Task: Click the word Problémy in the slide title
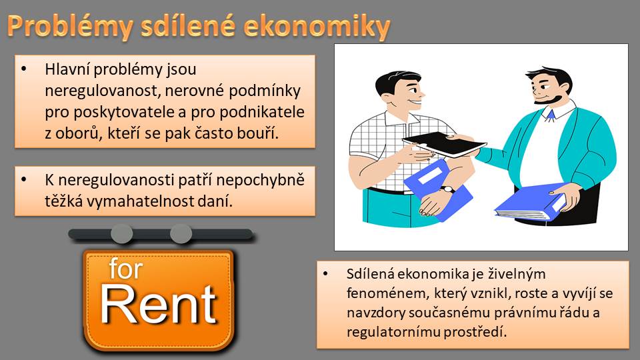point(70,27)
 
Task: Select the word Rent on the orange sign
point(159,305)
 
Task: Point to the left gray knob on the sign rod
point(121,234)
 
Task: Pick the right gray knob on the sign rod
point(181,234)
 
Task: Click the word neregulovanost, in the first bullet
point(103,91)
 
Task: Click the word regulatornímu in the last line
point(393,332)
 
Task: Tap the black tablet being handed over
point(444,145)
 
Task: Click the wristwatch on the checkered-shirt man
point(448,189)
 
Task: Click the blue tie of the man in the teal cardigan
point(551,114)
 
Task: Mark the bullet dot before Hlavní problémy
point(25,69)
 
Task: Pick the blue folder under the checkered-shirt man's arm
point(437,189)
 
